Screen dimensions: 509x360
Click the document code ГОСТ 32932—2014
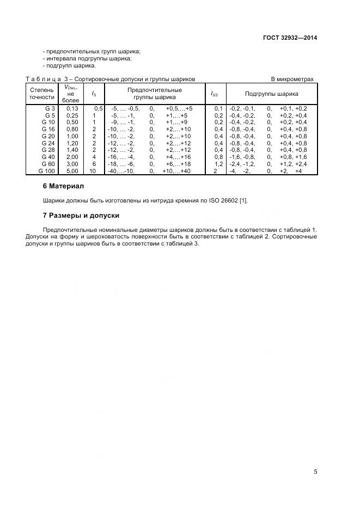[290, 38]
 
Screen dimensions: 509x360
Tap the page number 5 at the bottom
[315, 471]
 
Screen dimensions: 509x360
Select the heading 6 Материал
[63, 186]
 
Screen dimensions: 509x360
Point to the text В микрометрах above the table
[292, 79]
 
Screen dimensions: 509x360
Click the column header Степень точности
[42, 93]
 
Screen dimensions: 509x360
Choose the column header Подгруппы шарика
[271, 94]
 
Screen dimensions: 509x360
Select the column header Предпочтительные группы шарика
[155, 93]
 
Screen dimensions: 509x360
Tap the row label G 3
[50, 108]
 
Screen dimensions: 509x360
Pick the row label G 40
[48, 157]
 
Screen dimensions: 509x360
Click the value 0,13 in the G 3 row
[72, 108]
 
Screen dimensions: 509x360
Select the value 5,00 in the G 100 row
[72, 171]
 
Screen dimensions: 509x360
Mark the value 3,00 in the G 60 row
[72, 164]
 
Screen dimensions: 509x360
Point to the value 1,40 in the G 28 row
[72, 150]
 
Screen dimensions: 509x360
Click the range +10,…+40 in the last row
[176, 171]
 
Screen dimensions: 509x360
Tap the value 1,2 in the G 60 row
[218, 164]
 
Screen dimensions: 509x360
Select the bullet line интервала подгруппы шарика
[88, 58]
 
